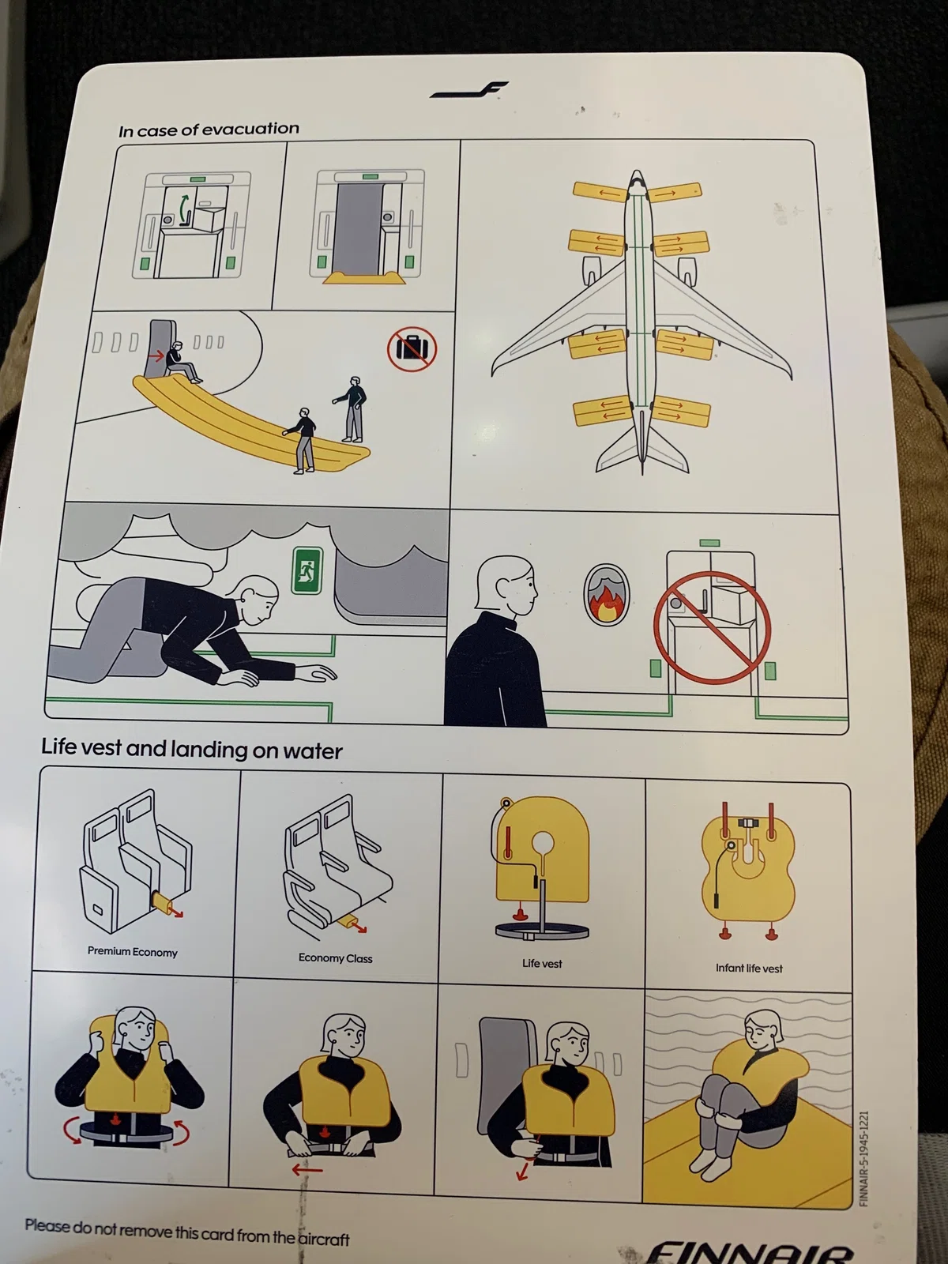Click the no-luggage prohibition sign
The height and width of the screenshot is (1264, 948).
(x=412, y=348)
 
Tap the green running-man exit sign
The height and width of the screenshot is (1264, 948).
(x=307, y=570)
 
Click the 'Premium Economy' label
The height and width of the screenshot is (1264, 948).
(x=133, y=951)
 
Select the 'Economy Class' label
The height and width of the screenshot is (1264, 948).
(x=335, y=957)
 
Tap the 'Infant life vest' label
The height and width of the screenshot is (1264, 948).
(x=749, y=968)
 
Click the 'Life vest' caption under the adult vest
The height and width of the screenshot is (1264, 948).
(x=542, y=963)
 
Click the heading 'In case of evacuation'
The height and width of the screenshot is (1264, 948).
(x=209, y=130)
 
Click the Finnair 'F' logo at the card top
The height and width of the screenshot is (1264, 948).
(x=470, y=89)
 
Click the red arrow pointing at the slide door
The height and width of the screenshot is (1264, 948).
(x=155, y=355)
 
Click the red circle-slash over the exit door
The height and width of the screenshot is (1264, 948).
(x=712, y=628)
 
